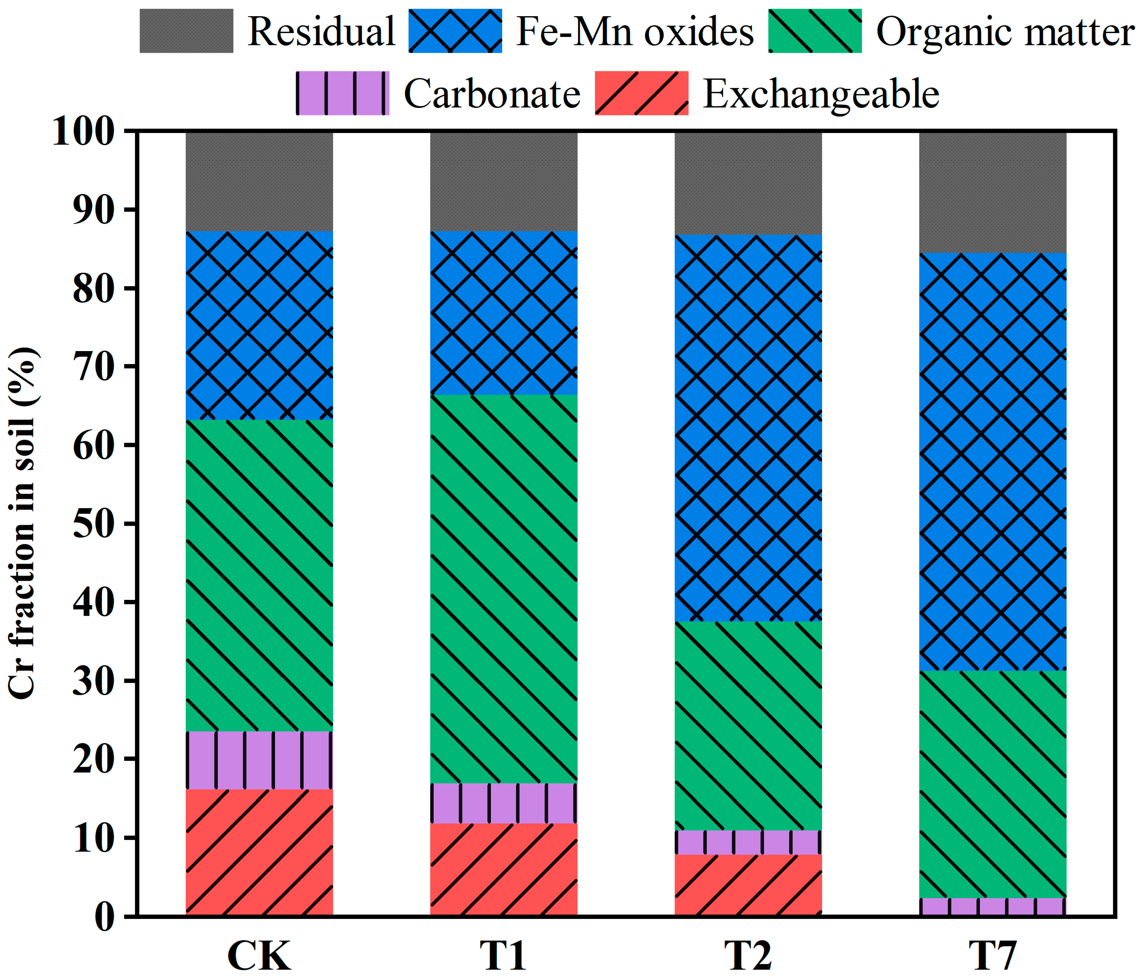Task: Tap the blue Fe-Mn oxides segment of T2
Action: pyautogui.click(x=748, y=428)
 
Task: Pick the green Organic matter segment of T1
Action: pyautogui.click(x=504, y=588)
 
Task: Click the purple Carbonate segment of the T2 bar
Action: pyautogui.click(x=748, y=842)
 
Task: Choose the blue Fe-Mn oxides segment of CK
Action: pyautogui.click(x=259, y=325)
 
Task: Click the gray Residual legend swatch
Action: pyautogui.click(x=186, y=31)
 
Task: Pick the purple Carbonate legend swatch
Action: pyautogui.click(x=342, y=93)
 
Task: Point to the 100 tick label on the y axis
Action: pyautogui.click(x=84, y=132)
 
